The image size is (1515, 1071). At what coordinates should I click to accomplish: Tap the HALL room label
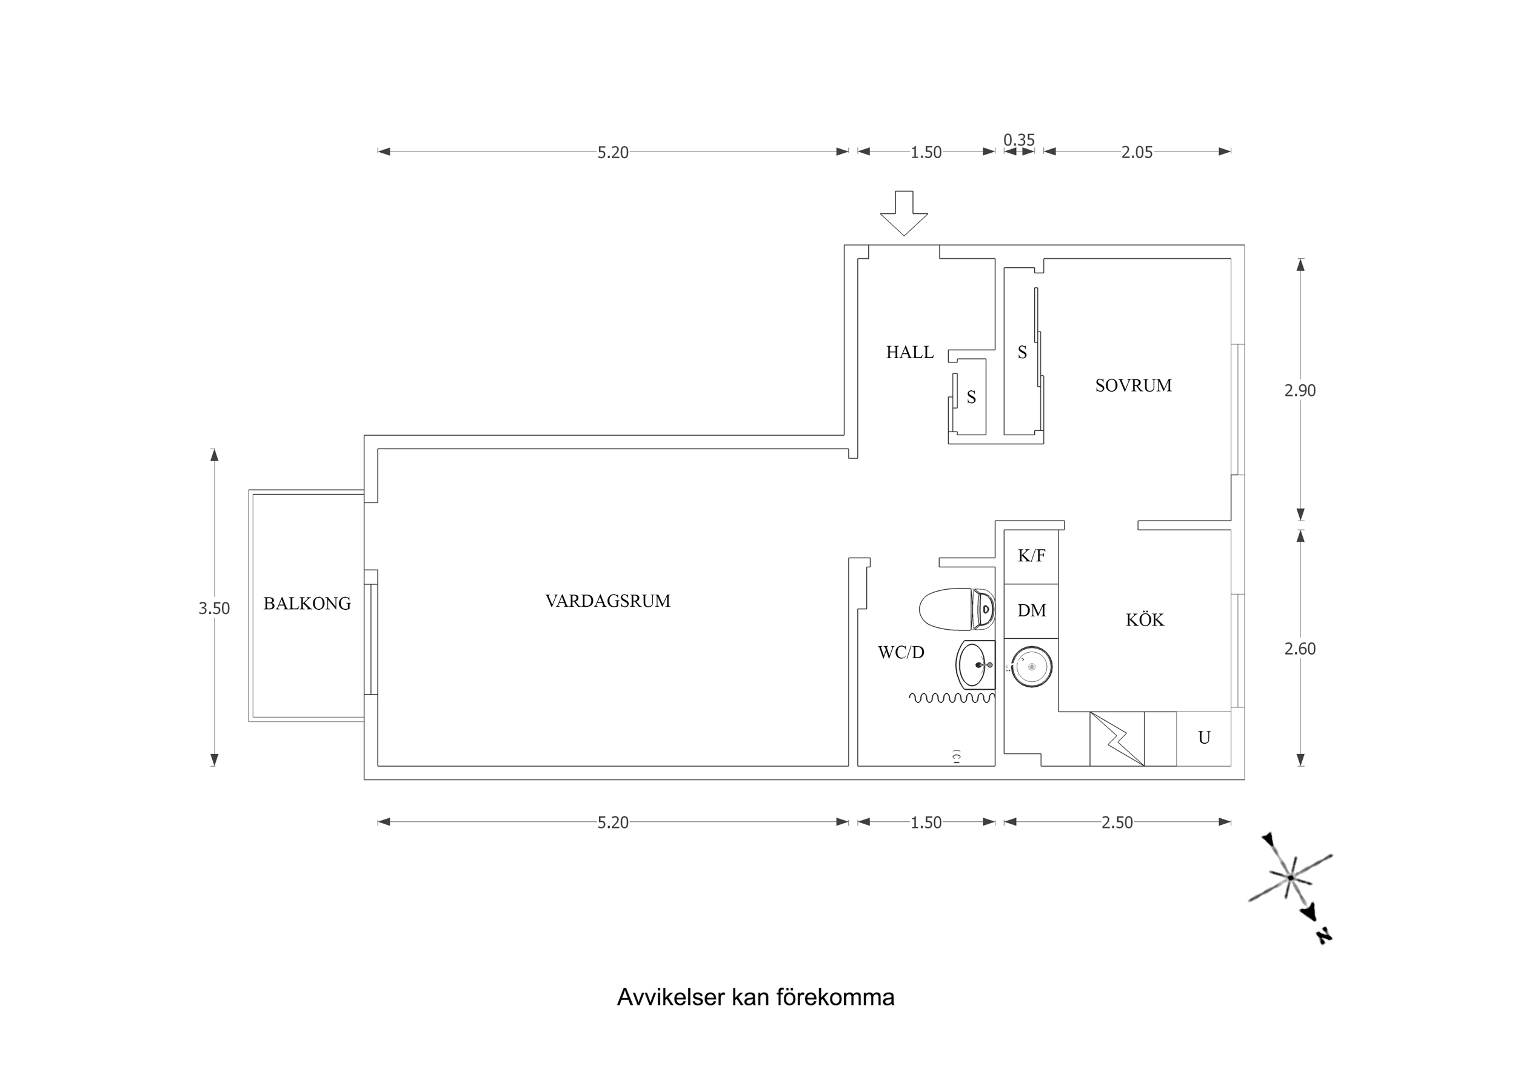pyautogui.click(x=909, y=352)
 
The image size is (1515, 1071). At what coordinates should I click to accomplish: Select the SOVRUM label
pyautogui.click(x=1133, y=385)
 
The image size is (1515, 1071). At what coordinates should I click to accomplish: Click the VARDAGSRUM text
pyautogui.click(x=607, y=601)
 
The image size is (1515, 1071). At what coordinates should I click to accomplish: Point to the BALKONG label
pyautogui.click(x=307, y=604)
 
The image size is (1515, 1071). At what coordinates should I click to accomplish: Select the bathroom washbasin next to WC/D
pyautogui.click(x=975, y=664)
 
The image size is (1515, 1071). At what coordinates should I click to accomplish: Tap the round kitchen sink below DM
pyautogui.click(x=1031, y=667)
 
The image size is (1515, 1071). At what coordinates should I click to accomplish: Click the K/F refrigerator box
pyautogui.click(x=1031, y=556)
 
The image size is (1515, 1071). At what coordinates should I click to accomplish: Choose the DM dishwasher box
pyautogui.click(x=1031, y=611)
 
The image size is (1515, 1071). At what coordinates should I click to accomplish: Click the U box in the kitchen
pyautogui.click(x=1203, y=738)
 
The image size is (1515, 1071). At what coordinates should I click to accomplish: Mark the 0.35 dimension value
pyautogui.click(x=1019, y=140)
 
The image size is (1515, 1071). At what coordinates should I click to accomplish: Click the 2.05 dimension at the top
pyautogui.click(x=1136, y=152)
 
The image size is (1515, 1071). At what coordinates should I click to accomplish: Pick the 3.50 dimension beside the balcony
pyautogui.click(x=214, y=609)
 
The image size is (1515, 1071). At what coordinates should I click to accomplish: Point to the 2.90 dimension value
pyautogui.click(x=1299, y=391)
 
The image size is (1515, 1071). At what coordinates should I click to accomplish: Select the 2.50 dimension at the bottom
pyautogui.click(x=1117, y=823)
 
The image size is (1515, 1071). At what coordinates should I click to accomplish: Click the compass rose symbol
pyautogui.click(x=1291, y=878)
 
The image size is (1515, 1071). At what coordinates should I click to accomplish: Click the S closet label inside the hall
pyautogui.click(x=971, y=397)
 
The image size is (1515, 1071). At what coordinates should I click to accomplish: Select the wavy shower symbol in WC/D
pyautogui.click(x=951, y=698)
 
